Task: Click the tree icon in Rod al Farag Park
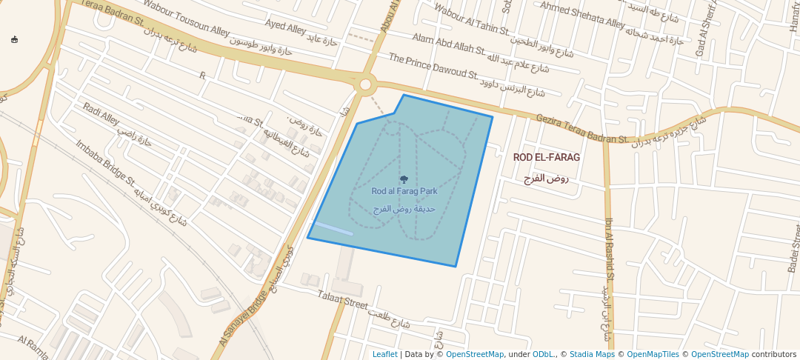pyautogui.click(x=404, y=179)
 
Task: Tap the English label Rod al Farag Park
pyautogui.click(x=404, y=191)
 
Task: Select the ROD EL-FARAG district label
pyautogui.click(x=547, y=158)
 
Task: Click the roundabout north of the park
pyautogui.click(x=365, y=84)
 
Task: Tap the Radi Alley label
pyautogui.click(x=101, y=117)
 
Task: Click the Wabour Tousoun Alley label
pyautogui.click(x=187, y=20)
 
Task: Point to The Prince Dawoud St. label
pyautogui.click(x=433, y=67)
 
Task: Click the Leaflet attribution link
pyautogui.click(x=384, y=354)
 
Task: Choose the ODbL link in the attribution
pyautogui.click(x=543, y=354)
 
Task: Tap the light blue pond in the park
pyautogui.click(x=333, y=228)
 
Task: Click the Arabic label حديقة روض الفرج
pyautogui.click(x=404, y=210)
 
